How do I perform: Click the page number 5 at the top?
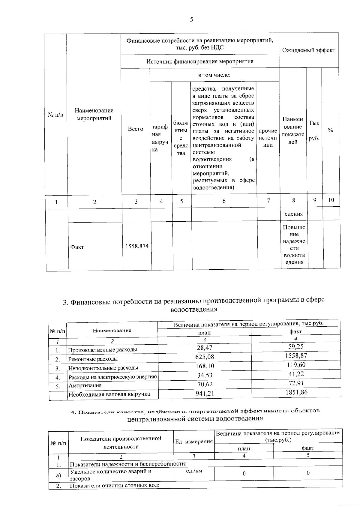tap(191, 20)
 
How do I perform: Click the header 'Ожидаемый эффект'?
tap(309, 50)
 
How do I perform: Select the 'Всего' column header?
tap(136, 129)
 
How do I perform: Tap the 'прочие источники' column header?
tap(268, 138)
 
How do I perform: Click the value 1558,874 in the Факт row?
tap(137, 247)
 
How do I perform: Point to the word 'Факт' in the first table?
tap(77, 247)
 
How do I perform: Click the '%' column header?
tap(330, 130)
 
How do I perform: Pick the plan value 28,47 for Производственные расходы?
tap(204, 348)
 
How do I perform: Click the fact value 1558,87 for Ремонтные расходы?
tap(296, 356)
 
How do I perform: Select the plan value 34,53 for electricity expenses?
tap(204, 375)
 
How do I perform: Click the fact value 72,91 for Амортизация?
tap(296, 383)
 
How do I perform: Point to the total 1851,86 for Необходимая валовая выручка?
tap(296, 392)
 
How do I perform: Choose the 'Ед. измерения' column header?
tap(194, 442)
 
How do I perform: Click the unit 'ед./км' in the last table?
tap(194, 471)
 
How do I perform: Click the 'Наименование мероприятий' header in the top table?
tap(94, 114)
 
